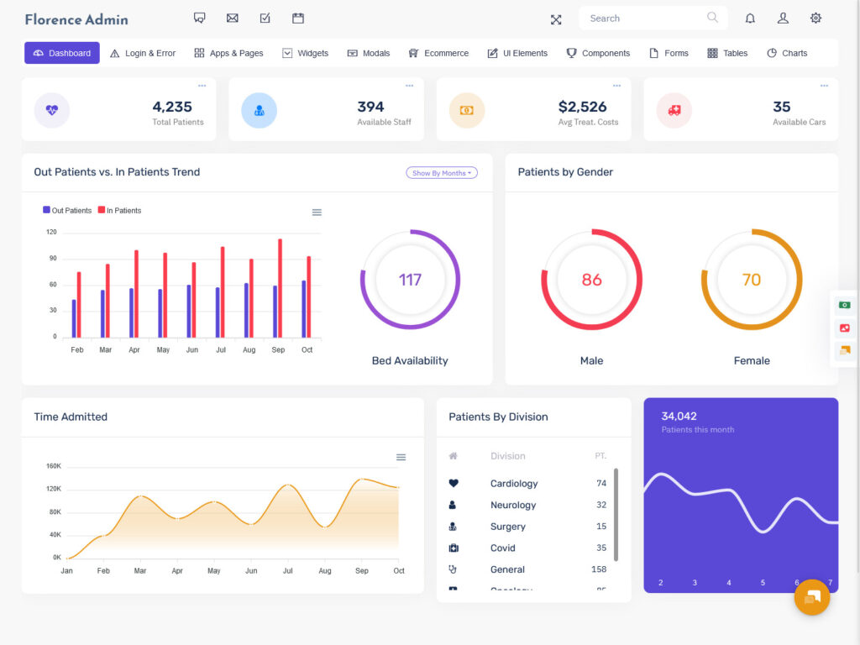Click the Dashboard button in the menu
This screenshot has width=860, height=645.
click(62, 53)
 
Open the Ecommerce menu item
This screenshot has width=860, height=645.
click(438, 53)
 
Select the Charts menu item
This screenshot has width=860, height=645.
click(787, 53)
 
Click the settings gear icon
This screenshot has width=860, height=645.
click(815, 18)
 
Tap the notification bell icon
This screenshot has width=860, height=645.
click(750, 18)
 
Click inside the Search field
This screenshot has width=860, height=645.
click(642, 18)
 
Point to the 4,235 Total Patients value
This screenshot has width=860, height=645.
click(172, 107)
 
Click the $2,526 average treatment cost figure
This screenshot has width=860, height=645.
click(582, 107)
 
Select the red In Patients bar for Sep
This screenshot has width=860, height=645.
click(280, 288)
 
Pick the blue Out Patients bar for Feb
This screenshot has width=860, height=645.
click(74, 318)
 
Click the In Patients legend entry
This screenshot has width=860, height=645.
click(119, 211)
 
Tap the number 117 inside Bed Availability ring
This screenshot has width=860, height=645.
click(410, 280)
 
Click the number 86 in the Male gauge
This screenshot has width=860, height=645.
click(591, 280)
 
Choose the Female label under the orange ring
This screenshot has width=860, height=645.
click(752, 360)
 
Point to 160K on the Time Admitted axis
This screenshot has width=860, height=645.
click(54, 466)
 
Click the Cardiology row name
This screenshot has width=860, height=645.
click(514, 484)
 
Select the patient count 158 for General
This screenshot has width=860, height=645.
click(599, 569)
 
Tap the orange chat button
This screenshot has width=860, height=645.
click(812, 597)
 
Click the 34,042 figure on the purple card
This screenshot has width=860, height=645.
click(679, 416)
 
